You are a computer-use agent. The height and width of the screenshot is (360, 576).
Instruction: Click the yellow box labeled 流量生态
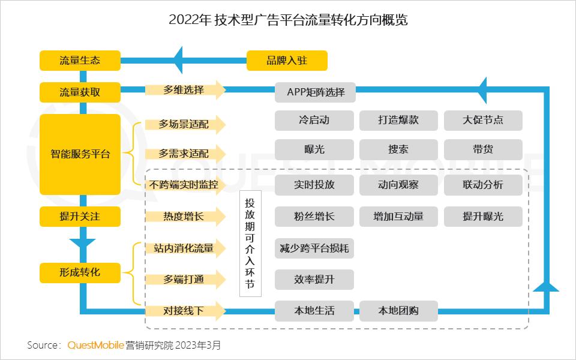80,61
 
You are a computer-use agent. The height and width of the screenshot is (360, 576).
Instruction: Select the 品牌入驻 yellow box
287,61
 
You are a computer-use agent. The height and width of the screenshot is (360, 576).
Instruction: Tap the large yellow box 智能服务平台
80,154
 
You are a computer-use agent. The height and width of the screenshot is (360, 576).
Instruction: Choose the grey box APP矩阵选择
315,92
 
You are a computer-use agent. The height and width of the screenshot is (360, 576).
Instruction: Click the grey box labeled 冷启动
314,121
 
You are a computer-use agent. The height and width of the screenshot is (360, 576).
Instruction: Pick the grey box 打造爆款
398,121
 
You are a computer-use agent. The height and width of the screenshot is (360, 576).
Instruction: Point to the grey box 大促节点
483,121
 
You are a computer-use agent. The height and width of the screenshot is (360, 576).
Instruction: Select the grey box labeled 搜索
398,149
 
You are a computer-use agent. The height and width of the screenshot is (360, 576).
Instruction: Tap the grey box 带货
483,149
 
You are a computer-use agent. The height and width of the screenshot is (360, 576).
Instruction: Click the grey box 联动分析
483,185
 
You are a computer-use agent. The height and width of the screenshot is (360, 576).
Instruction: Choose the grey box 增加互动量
398,217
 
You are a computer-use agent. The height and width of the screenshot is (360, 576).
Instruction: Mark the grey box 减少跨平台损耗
314,248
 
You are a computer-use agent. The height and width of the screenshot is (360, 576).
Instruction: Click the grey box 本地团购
398,311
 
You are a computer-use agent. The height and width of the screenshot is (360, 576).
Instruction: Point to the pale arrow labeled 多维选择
185,90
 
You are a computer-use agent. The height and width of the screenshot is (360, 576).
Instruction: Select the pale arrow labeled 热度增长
185,217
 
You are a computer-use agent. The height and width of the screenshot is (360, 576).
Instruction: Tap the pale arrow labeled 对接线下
185,311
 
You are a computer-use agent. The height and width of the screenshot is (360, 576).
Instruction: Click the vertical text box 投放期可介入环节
250,244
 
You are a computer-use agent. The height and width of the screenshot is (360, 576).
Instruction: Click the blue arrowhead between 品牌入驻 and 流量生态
178,60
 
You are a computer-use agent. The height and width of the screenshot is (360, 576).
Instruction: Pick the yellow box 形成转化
80,273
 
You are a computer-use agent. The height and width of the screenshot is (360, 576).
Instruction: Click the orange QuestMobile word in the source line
95,346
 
